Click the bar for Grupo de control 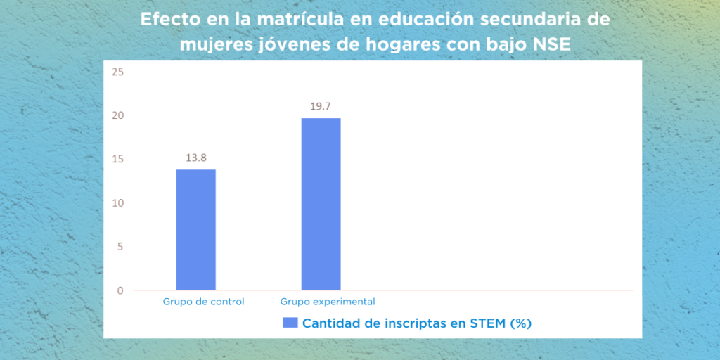tap(196, 230)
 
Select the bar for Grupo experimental tap(321, 204)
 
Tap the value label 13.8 tap(196, 158)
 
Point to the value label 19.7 tap(321, 107)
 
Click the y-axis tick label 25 tap(118, 72)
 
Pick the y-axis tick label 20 tap(118, 116)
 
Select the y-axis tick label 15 tap(118, 160)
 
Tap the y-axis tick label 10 tap(118, 203)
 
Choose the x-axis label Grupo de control tap(203, 302)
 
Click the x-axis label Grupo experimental tap(328, 302)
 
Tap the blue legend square tap(290, 322)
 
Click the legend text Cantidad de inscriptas tap(384, 323)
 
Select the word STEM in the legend tap(488, 323)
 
